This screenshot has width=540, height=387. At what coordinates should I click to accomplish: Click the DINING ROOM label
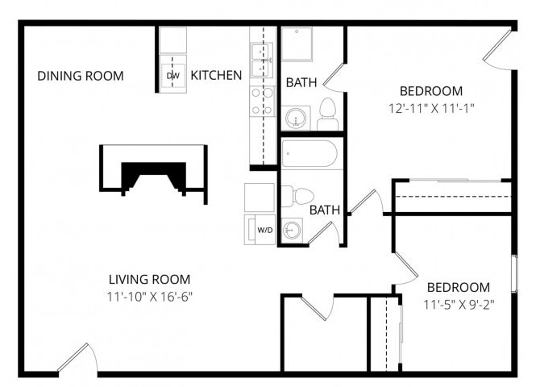pyautogui.click(x=81, y=76)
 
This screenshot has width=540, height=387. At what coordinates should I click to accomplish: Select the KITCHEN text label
pyautogui.click(x=216, y=76)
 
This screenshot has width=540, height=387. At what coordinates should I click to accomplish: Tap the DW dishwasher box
pyautogui.click(x=172, y=75)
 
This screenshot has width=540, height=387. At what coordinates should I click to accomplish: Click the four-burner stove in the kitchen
pyautogui.click(x=262, y=101)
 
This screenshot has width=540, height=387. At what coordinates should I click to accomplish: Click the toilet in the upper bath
pyautogui.click(x=327, y=114)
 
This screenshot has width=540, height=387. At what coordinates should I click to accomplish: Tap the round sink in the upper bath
pyautogui.click(x=297, y=118)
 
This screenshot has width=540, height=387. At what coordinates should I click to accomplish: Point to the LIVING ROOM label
pyautogui.click(x=150, y=280)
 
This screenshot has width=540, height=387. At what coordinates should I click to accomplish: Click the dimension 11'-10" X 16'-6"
pyautogui.click(x=150, y=297)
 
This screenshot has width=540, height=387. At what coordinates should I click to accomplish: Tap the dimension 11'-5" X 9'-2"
pyautogui.click(x=458, y=305)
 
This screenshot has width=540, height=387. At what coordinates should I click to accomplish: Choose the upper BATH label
pyautogui.click(x=301, y=82)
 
